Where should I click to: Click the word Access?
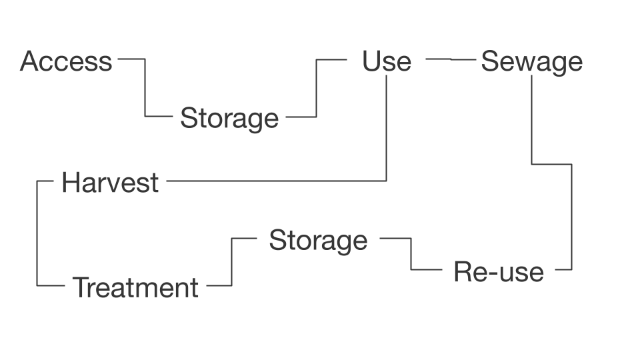65,61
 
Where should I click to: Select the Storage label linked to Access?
229,119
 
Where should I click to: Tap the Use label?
387,61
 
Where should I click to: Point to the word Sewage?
531,62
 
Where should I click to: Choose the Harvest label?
110,183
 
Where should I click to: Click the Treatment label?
135,288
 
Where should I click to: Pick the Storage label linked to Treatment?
318,241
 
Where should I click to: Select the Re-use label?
498,273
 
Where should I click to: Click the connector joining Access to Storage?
145,87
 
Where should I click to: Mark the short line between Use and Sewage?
451,59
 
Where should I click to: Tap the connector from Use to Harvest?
387,133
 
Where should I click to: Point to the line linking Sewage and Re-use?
571,213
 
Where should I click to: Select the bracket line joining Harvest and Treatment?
37,233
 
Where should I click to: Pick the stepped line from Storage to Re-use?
411,253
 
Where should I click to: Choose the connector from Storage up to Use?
316,87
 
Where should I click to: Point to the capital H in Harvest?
70,183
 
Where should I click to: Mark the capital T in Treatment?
81,288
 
